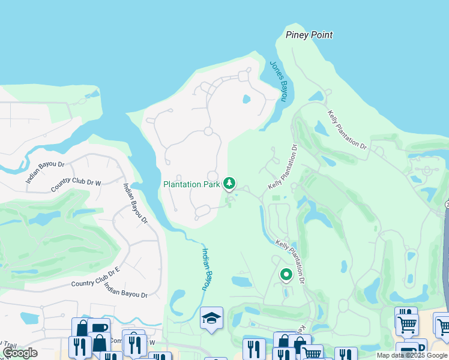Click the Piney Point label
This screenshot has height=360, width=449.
click(x=309, y=35)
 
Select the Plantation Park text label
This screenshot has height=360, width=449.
click(x=191, y=184)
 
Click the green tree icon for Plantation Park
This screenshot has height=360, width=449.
click(x=229, y=183)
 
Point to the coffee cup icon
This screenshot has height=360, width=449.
click(x=98, y=328)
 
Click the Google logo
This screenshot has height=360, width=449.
click(x=19, y=353)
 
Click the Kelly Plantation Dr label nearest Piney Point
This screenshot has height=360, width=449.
click(x=347, y=129)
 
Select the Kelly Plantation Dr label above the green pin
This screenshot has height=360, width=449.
click(x=299, y=251)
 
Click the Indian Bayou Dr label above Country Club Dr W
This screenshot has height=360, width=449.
click(x=45, y=172)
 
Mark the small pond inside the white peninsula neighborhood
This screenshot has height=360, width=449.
click(x=246, y=99)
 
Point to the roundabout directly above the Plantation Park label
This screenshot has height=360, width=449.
click(x=212, y=175)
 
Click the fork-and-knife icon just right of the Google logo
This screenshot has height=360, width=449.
click(x=79, y=347)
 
